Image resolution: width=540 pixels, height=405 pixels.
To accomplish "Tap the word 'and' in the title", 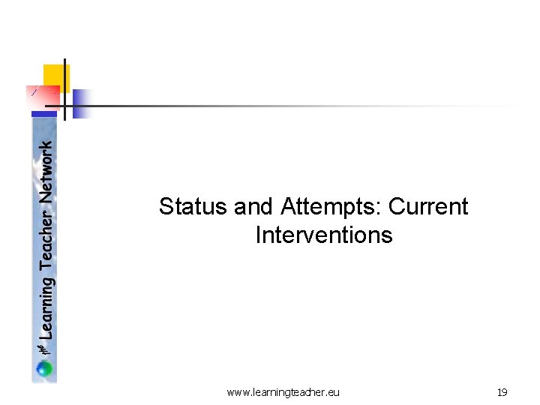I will coord(255,206).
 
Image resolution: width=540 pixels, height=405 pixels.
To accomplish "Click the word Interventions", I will coord(323,235).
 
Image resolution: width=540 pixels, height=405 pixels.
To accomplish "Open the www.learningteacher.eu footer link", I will coord(283,392).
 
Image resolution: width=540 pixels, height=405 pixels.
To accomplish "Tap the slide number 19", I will coord(502,392).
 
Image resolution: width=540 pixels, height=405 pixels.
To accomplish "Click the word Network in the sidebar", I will coord(46,172).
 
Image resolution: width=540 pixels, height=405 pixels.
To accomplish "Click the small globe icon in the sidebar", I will coord(45,368).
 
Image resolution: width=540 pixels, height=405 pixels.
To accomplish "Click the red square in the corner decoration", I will coord(43,98).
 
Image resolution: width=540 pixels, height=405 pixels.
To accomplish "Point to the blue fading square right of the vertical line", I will coord(81,104).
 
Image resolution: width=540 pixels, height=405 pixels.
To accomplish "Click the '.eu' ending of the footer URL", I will coord(333,392).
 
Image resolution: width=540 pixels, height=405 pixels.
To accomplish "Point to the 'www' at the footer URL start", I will coord(236,392).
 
